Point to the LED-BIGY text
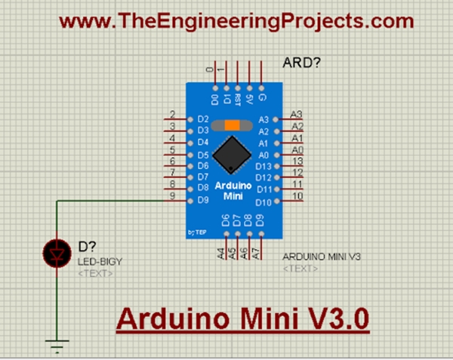(100, 262)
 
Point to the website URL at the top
(237, 22)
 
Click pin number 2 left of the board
(173, 114)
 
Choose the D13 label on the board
(263, 166)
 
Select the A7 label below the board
(258, 254)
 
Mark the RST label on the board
(237, 98)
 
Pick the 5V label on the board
(248, 98)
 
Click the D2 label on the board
(202, 119)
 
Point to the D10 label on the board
(263, 202)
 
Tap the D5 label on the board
(202, 154)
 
